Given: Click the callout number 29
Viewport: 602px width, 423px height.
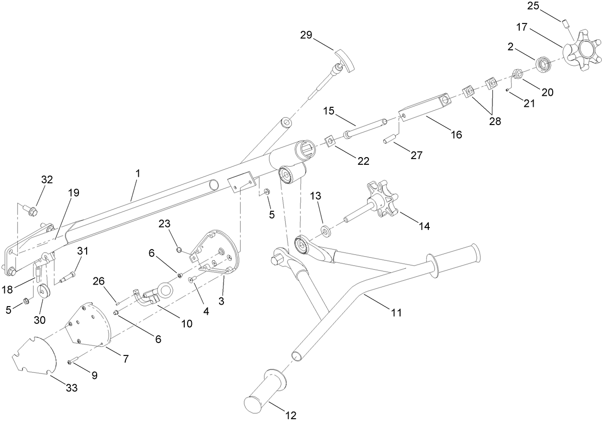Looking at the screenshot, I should pyautogui.click(x=306, y=35).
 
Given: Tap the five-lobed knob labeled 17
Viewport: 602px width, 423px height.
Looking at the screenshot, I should pyautogui.click(x=580, y=48).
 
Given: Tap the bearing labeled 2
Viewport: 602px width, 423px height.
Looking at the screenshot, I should pyautogui.click(x=543, y=64).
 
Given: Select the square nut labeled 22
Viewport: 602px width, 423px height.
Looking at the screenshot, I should pyautogui.click(x=330, y=141).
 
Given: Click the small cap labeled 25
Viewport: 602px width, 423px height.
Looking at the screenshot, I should pyautogui.click(x=566, y=23).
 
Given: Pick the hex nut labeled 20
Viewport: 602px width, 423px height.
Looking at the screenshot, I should pyautogui.click(x=517, y=74).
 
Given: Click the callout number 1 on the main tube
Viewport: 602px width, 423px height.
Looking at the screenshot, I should pyautogui.click(x=137, y=173).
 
